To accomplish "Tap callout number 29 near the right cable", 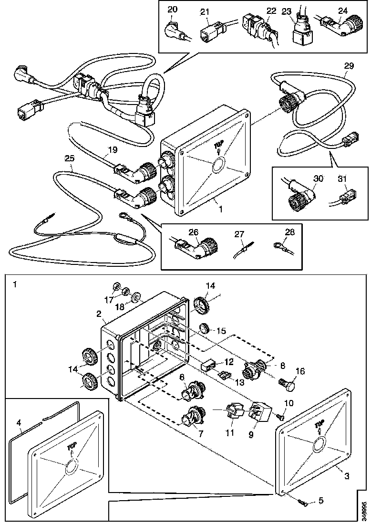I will coord(349,65).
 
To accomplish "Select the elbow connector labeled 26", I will coord(202,248).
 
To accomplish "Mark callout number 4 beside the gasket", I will coord(19,422).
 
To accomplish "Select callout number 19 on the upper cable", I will coord(111,149).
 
